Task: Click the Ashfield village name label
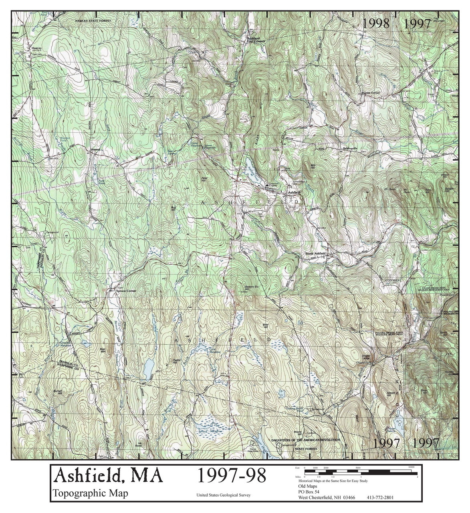(x=294, y=192)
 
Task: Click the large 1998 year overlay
(x=376, y=23)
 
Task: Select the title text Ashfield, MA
(x=108, y=476)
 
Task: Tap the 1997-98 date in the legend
(x=232, y=476)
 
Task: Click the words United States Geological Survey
(x=224, y=495)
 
